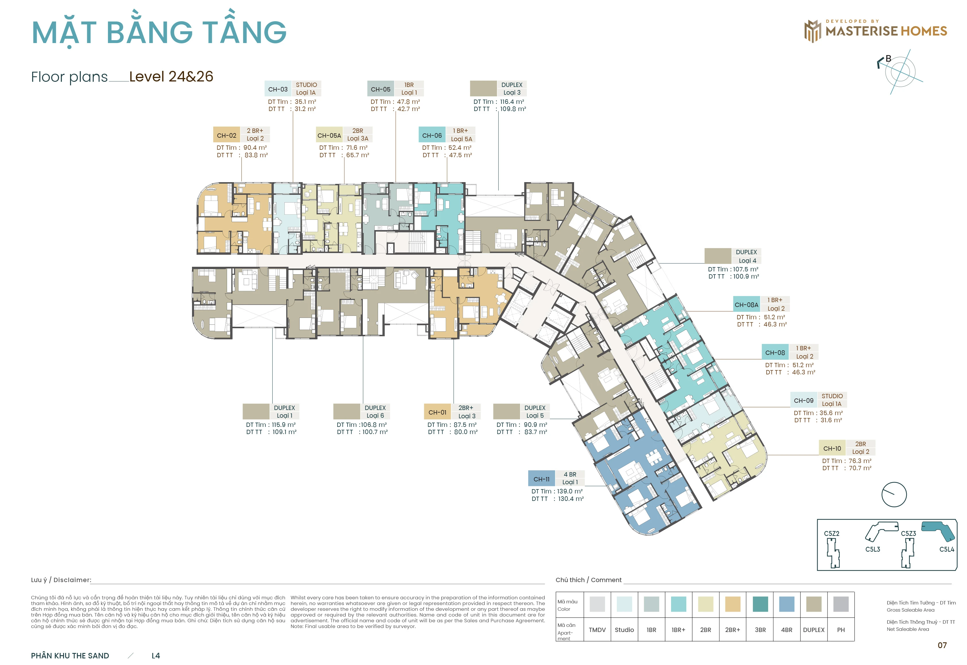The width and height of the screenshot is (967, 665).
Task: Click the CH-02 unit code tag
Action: click(227, 135)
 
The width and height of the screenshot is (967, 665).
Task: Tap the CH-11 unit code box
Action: click(541, 479)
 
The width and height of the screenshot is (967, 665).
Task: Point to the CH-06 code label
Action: click(432, 135)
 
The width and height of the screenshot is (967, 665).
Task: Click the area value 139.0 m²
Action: click(570, 491)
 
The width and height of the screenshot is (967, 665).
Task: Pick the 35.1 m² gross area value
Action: click(305, 102)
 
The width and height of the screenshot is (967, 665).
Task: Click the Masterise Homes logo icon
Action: click(812, 31)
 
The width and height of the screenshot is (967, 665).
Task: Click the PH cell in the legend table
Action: click(841, 630)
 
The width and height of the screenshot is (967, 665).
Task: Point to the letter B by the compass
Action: click(888, 59)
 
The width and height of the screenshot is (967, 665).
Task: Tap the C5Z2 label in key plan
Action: click(832, 533)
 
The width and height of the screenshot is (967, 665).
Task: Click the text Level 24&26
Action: click(171, 77)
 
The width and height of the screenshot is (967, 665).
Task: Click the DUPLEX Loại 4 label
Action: click(747, 256)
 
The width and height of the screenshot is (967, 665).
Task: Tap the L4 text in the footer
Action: click(156, 656)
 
